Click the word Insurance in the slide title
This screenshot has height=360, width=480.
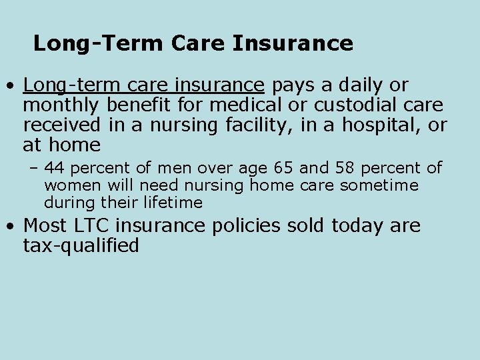(293, 44)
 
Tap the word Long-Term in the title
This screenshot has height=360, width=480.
(99, 44)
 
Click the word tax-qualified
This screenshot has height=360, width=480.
(81, 246)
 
